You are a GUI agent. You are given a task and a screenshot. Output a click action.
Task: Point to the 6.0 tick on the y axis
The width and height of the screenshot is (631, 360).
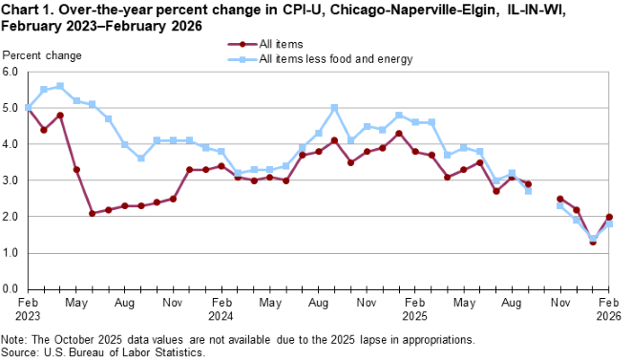click(x=11, y=72)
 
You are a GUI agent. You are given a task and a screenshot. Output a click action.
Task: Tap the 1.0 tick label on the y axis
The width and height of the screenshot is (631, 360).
click(x=11, y=253)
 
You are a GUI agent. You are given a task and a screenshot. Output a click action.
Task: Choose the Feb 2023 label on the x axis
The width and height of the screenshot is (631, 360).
click(x=27, y=307)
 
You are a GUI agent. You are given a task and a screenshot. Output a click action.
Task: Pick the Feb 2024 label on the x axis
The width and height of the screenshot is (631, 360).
click(x=221, y=307)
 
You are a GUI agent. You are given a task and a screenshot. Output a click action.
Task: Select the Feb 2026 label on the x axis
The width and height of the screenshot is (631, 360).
click(x=609, y=307)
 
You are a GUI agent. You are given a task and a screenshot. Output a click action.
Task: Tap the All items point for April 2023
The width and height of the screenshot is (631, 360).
click(x=60, y=116)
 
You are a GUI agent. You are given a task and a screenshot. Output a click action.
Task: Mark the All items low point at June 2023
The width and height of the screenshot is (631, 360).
click(x=92, y=213)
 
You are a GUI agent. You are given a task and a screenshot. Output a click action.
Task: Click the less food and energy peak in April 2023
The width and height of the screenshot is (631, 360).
click(x=60, y=86)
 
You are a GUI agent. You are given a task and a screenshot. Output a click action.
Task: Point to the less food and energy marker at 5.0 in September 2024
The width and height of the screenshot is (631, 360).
click(x=335, y=108)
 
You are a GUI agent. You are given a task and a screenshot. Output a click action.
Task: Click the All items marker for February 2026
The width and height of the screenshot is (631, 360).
click(x=609, y=217)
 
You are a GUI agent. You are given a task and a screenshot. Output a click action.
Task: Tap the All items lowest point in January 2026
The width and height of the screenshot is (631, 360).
click(x=593, y=242)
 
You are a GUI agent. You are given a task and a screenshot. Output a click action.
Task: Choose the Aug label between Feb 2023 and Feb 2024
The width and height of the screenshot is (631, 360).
click(x=124, y=302)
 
